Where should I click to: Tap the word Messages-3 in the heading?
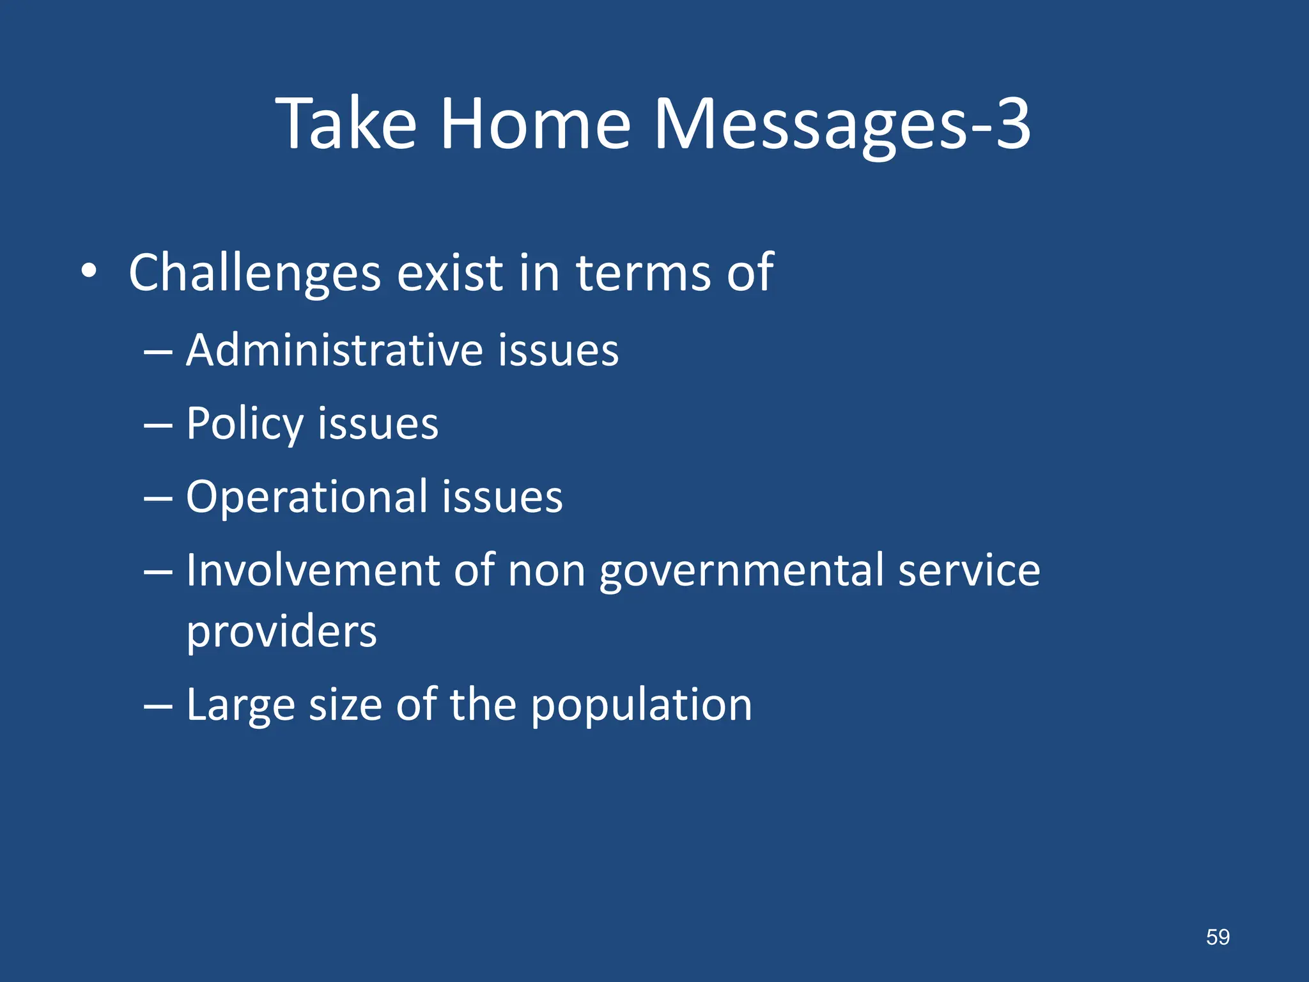pyautogui.click(x=842, y=125)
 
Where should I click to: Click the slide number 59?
pyautogui.click(x=1217, y=937)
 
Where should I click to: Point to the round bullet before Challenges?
pyautogui.click(x=89, y=272)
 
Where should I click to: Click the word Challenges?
pyautogui.click(x=254, y=274)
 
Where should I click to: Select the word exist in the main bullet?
pyautogui.click(x=449, y=272)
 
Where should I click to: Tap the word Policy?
pyautogui.click(x=245, y=425)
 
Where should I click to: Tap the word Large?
pyautogui.click(x=240, y=706)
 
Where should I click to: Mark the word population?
pyautogui.click(x=641, y=706)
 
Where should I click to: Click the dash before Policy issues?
pyautogui.click(x=158, y=425)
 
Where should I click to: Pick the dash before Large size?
pyautogui.click(x=158, y=706)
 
